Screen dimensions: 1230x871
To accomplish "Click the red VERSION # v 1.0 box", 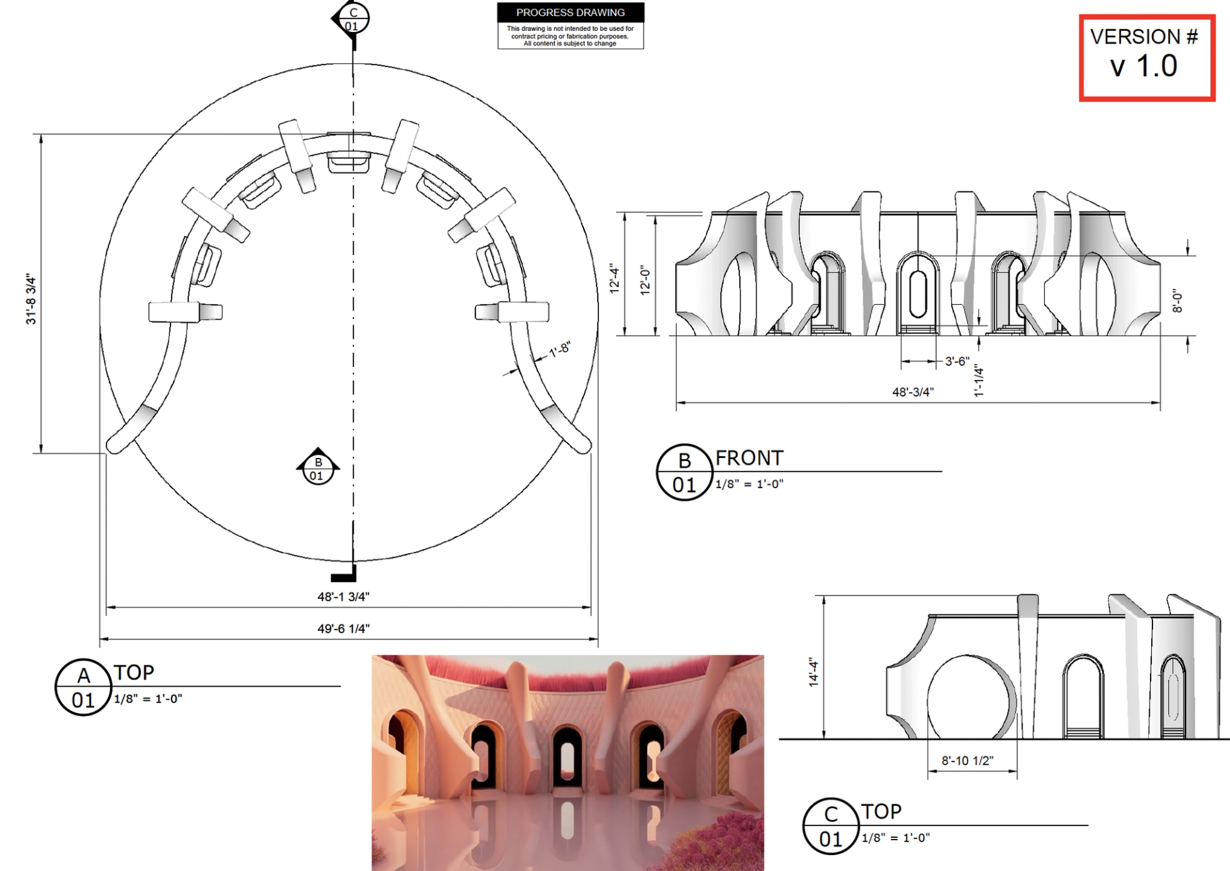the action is [1147, 58].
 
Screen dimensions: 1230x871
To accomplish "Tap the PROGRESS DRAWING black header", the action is [570, 13].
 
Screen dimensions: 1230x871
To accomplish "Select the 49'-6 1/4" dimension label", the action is [343, 629].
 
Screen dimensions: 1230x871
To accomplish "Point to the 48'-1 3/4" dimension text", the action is [343, 597].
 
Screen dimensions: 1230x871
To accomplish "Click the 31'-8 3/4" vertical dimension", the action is [31, 299].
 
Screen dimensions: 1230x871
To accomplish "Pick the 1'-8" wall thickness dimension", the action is [560, 350].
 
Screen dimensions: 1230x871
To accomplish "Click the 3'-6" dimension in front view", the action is [957, 361].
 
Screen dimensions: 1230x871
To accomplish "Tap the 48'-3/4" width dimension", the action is [913, 392].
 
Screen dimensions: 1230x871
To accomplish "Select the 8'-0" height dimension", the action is [1177, 300].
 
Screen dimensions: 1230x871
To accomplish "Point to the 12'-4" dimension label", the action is [614, 279].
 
